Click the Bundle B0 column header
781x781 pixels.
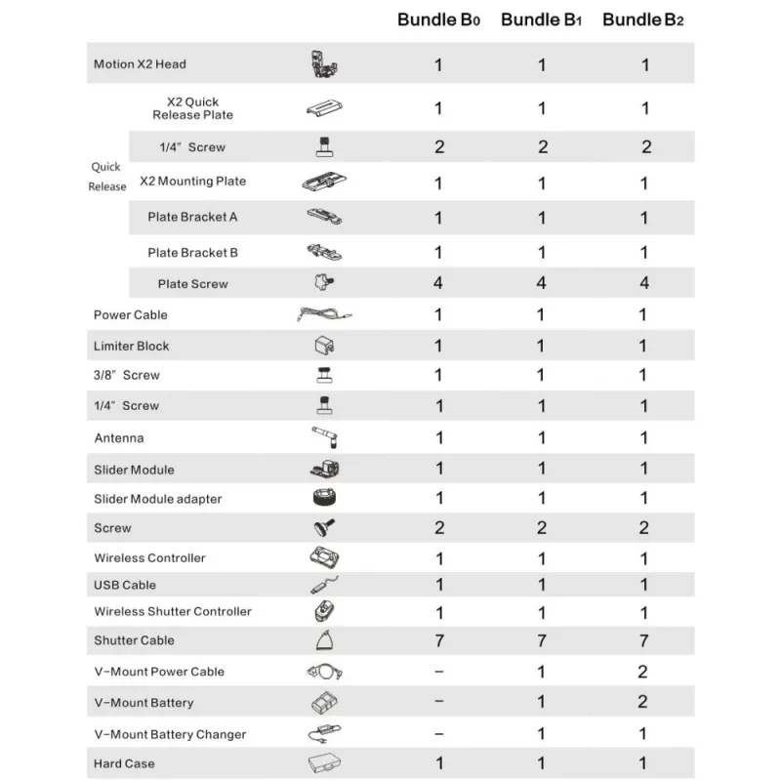point(439,21)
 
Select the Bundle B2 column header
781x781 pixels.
point(642,21)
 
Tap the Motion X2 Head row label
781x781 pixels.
point(140,64)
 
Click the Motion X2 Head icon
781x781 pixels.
point(323,64)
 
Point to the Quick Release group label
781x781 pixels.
point(107,177)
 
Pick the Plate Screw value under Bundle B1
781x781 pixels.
point(542,284)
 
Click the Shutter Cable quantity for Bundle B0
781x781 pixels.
point(438,640)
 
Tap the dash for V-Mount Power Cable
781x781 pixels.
point(438,672)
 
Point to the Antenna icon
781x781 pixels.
point(323,437)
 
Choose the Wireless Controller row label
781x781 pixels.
point(149,557)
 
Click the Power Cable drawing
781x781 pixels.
point(323,314)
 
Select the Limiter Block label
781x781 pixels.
point(131,346)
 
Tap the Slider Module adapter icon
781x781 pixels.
point(323,498)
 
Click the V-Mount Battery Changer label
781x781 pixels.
point(170,734)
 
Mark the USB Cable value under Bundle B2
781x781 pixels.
point(644,585)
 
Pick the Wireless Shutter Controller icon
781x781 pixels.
point(323,612)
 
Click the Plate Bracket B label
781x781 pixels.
point(192,253)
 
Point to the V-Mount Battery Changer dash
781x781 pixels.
point(438,734)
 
